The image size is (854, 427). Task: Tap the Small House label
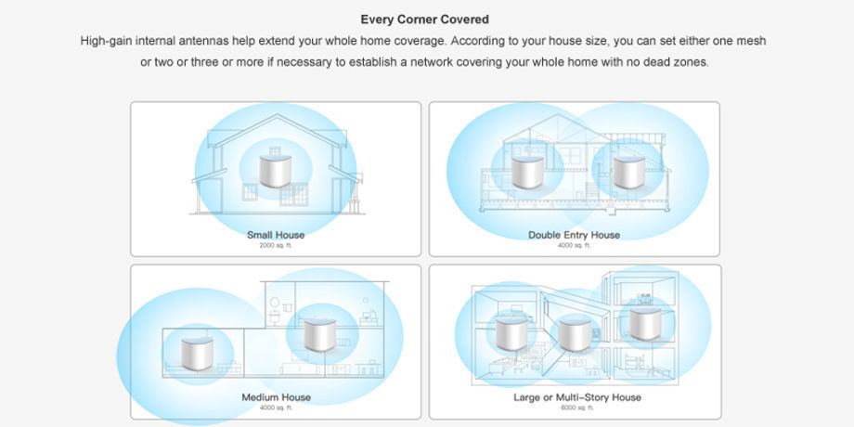pos(276,235)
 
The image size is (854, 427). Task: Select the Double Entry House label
pos(574,235)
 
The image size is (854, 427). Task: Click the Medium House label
pos(276,397)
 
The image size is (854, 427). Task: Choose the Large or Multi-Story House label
pos(577,397)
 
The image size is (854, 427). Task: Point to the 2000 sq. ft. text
pos(276,246)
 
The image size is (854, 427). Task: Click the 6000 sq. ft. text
pos(577,408)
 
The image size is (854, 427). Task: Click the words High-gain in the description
pos(107,41)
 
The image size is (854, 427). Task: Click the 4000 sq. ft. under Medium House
pos(276,408)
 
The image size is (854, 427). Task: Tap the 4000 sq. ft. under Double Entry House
pos(574,246)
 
